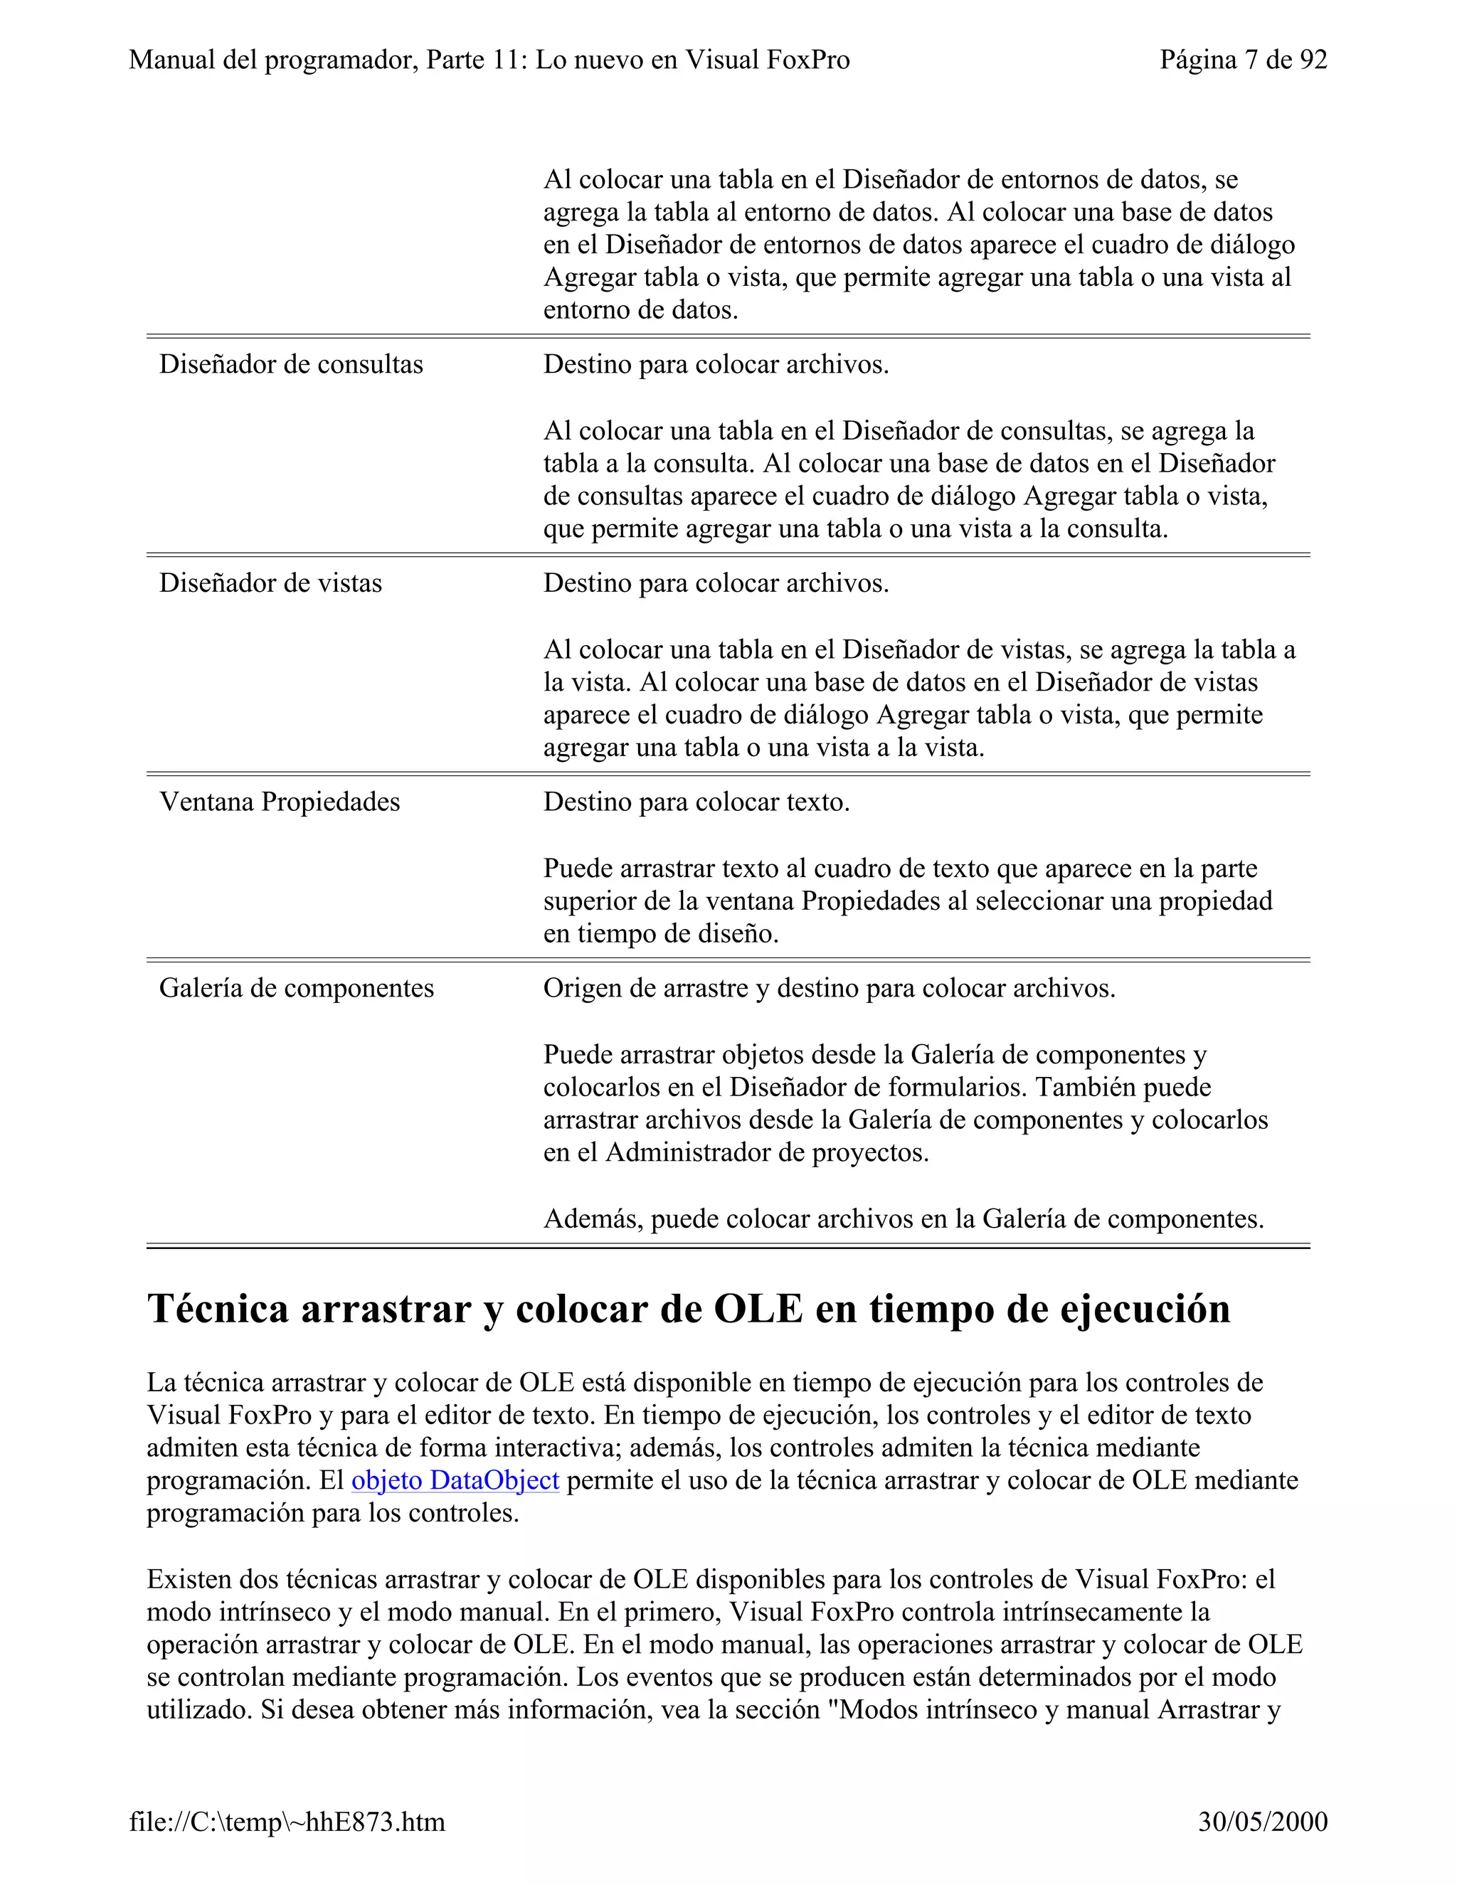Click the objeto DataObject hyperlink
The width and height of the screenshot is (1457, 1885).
(x=455, y=1480)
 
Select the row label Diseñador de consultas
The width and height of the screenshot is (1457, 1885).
(x=291, y=364)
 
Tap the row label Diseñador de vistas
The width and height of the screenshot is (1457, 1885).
(x=270, y=583)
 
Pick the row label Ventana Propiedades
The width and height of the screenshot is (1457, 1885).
(x=280, y=802)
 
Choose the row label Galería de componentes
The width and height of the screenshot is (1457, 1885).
(x=296, y=988)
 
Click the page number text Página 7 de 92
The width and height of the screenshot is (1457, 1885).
(x=1243, y=60)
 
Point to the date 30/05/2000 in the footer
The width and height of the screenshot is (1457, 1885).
(x=1263, y=1821)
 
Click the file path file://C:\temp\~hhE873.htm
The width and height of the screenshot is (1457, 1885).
(x=287, y=1821)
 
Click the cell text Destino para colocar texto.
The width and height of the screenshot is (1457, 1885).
(x=696, y=802)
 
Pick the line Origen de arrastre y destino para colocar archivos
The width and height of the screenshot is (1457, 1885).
(x=829, y=988)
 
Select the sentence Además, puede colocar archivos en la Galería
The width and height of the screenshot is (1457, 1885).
(x=903, y=1218)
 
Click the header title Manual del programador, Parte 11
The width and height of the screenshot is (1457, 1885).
(x=489, y=60)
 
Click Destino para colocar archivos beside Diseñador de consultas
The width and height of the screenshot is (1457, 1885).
(x=716, y=364)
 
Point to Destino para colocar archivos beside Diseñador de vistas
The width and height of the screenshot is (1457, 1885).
(x=716, y=583)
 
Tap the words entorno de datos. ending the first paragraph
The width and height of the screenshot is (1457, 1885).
(x=640, y=310)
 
